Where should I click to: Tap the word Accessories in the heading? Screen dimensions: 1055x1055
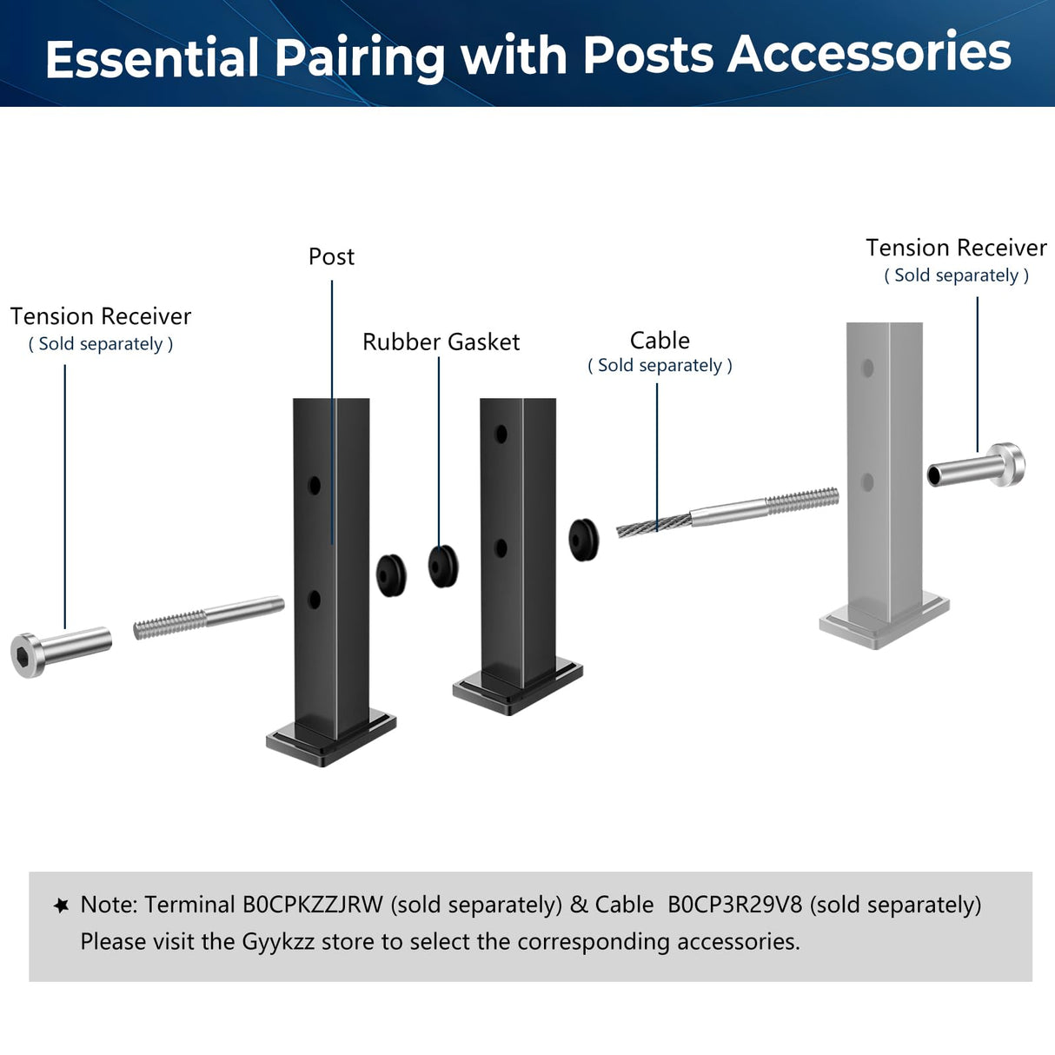coord(869,54)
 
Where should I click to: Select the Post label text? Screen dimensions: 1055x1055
coord(331,257)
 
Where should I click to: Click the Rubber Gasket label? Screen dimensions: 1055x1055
coord(441,342)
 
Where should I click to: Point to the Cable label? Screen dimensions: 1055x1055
coord(660,341)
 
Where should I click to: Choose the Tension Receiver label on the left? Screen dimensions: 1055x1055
coord(101,316)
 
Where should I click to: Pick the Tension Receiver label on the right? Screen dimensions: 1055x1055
coord(956,248)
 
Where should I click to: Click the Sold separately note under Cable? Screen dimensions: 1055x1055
coord(660,366)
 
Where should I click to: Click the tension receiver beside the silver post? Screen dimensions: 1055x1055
coord(977,468)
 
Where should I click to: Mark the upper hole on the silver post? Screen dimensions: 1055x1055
coord(866,368)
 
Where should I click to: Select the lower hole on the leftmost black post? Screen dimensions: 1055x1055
coord(315,599)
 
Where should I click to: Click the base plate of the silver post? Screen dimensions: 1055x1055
coord(884,622)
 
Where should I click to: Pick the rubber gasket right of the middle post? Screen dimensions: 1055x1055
coord(583,540)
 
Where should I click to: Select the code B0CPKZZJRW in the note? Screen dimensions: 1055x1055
coord(312,905)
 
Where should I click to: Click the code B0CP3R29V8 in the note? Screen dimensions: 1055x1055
coord(734,905)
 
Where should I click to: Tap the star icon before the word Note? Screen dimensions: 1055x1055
coord(62,906)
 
